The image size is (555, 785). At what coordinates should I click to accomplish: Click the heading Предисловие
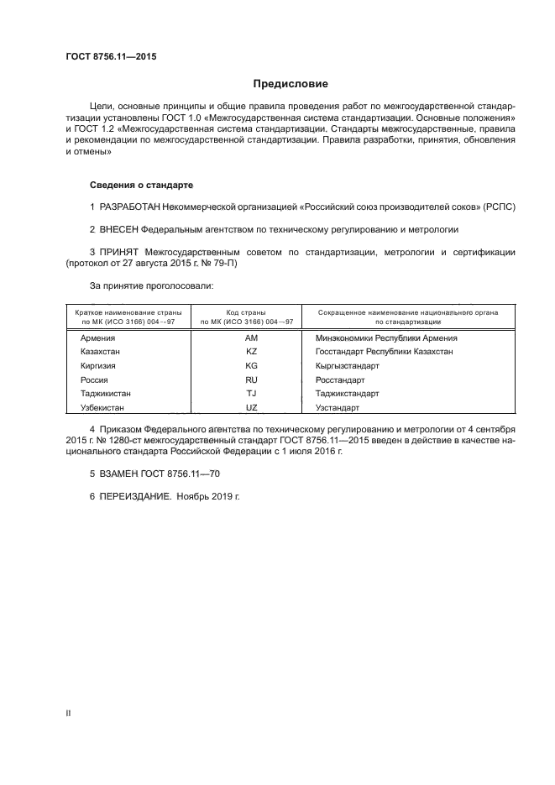[291, 84]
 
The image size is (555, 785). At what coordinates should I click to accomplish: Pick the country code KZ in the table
[251, 351]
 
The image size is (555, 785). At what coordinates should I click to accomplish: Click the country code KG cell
[251, 365]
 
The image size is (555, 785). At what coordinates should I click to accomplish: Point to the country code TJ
[251, 393]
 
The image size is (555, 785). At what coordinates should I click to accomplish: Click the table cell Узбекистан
[102, 407]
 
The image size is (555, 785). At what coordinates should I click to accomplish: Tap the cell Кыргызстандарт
[347, 365]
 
